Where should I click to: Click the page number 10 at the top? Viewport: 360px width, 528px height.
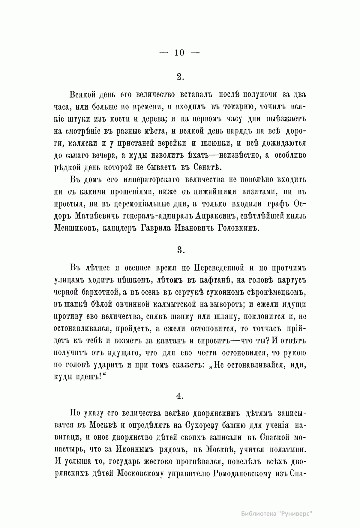click(179, 53)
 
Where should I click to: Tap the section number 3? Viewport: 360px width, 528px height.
click(180, 250)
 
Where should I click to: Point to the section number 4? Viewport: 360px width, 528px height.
click(180, 396)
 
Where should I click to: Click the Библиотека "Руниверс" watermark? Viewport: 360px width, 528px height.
click(277, 514)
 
